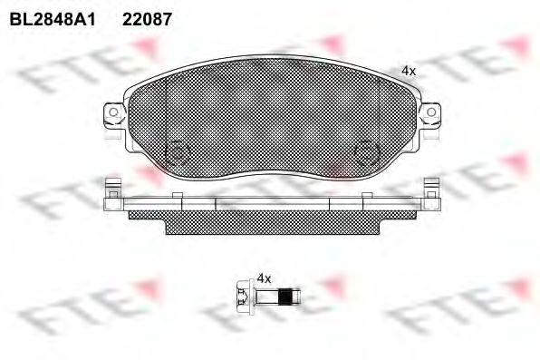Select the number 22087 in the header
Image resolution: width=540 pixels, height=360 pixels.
147,17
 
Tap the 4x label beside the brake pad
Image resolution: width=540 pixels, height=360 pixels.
408,70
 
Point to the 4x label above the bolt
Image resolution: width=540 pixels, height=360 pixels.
265,277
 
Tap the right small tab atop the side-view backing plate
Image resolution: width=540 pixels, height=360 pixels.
366,198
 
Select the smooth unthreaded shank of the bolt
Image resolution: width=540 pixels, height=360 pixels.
264,296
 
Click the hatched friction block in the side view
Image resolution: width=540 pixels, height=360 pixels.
272,220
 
